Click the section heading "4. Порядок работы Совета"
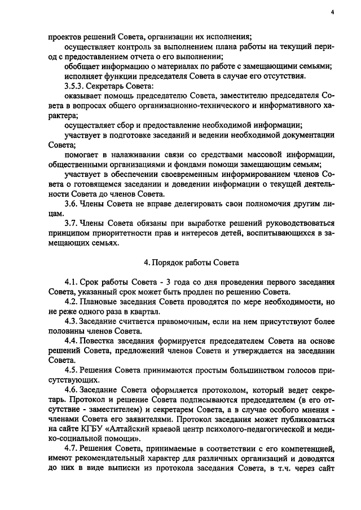(192, 262)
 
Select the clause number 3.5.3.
(76, 86)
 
